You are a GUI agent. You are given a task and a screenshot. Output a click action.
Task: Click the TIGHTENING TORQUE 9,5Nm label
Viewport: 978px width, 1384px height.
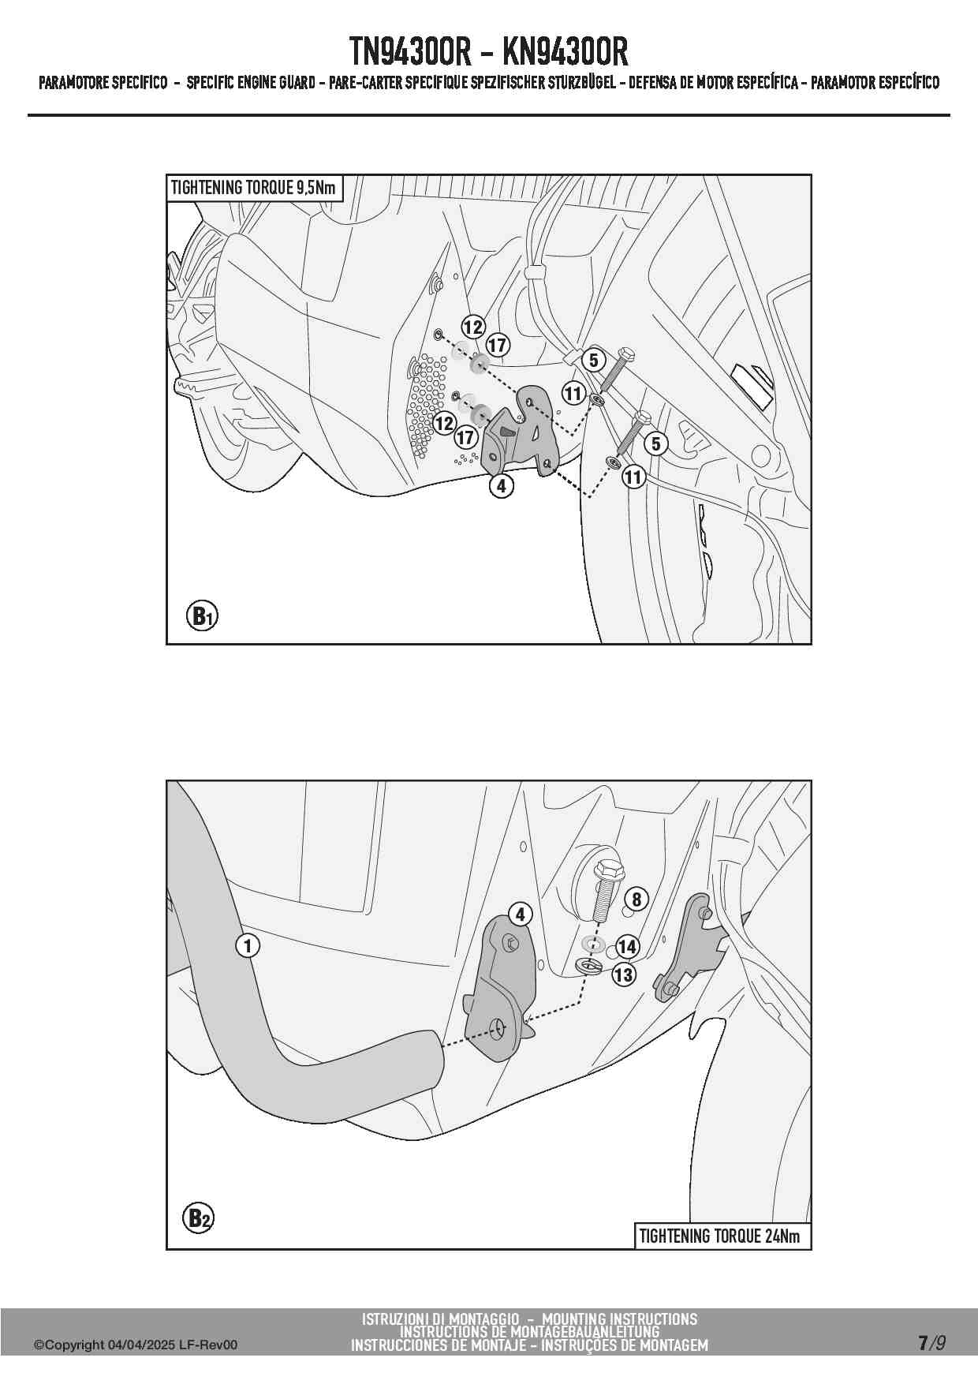pos(254,188)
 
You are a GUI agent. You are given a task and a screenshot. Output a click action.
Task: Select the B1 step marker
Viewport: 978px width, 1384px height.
pos(202,615)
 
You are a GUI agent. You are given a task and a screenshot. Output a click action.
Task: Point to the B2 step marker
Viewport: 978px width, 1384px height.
pos(199,1218)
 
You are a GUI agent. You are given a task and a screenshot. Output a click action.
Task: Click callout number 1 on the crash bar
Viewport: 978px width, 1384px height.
pos(248,944)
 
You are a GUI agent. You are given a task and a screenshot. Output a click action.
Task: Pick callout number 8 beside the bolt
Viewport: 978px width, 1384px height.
pos(636,899)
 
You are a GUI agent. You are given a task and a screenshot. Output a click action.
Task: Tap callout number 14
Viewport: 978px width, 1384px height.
pos(627,947)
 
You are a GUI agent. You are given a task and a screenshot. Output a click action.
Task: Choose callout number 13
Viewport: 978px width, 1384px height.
pos(624,975)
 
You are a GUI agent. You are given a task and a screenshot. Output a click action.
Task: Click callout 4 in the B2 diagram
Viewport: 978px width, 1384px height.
pos(520,915)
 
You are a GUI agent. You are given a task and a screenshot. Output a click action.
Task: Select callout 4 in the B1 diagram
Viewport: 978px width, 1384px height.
pos(502,486)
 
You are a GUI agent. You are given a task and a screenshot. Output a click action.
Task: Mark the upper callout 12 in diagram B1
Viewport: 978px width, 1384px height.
pos(472,327)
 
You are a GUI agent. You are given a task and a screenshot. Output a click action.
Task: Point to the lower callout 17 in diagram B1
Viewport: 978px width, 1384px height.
pos(465,437)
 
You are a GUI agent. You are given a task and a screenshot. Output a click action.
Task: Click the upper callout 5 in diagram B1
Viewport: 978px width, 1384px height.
pos(594,361)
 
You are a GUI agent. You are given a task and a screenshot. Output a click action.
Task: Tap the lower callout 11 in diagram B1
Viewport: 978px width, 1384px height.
pos(633,477)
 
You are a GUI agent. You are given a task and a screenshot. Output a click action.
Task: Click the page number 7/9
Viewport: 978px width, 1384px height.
pos(931,1343)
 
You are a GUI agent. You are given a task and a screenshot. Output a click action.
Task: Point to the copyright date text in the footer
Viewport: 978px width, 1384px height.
pos(135,1345)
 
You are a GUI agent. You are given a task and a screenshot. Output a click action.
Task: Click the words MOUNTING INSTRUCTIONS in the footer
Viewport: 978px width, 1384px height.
pos(620,1319)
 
